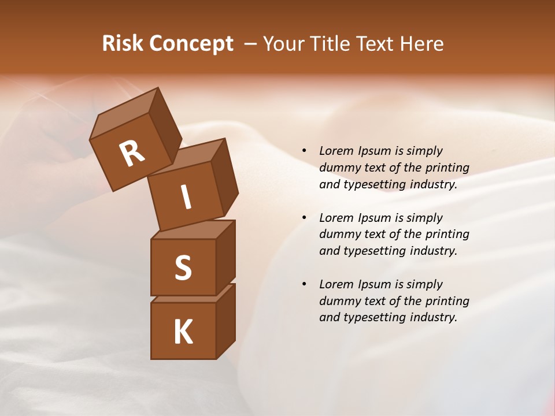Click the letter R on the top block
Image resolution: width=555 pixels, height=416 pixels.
click(132, 154)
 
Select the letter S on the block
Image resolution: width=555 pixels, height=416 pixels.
click(183, 268)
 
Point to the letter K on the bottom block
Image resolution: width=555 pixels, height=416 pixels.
click(183, 332)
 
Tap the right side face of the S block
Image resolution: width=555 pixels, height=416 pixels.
click(225, 257)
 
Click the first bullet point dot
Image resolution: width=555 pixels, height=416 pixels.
click(304, 151)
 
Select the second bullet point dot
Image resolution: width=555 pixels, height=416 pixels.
click(304, 218)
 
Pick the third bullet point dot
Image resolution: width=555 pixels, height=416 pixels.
click(304, 284)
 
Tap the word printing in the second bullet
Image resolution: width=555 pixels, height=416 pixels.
click(447, 234)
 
